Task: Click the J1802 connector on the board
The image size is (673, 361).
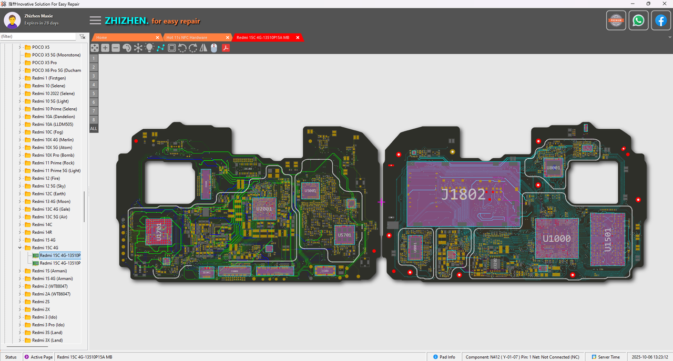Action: click(x=463, y=194)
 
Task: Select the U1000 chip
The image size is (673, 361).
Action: click(x=556, y=238)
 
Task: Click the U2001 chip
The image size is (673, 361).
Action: click(x=264, y=209)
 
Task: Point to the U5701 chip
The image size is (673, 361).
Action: click(x=344, y=235)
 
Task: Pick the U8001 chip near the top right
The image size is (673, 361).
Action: click(x=553, y=168)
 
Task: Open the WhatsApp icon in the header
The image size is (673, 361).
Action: click(x=638, y=20)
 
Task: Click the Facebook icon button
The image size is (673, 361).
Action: click(x=661, y=20)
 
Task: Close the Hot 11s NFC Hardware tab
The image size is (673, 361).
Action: click(x=228, y=37)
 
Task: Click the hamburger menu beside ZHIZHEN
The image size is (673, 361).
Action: click(x=95, y=20)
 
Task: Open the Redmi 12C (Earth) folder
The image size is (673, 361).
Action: click(x=48, y=194)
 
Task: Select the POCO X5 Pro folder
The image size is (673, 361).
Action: click(x=44, y=63)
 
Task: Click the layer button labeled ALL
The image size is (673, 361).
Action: click(x=94, y=128)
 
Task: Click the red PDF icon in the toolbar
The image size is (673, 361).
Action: click(x=226, y=48)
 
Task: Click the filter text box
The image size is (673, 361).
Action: click(x=38, y=37)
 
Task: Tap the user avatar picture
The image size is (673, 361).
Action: click(x=12, y=20)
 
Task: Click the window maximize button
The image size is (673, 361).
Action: click(x=648, y=4)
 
